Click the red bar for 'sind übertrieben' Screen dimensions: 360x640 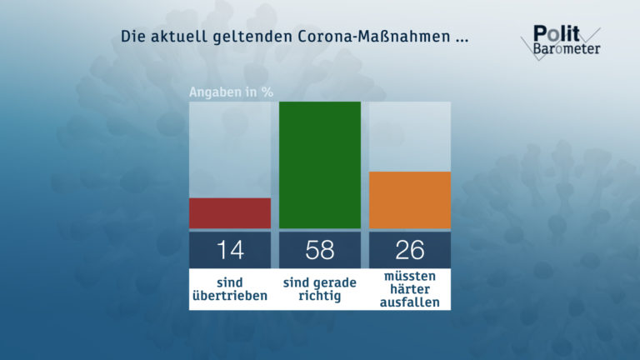coord(230,212)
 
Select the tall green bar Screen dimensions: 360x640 coord(320,165)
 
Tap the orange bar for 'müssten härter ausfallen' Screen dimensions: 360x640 coord(410,200)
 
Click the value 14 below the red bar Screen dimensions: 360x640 coord(230,249)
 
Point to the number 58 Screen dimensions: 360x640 coord(320,249)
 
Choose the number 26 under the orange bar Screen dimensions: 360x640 coord(410,249)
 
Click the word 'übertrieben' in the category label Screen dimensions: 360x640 coord(230,296)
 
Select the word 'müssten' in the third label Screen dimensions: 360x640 coord(410,276)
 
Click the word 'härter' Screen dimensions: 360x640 coord(410,288)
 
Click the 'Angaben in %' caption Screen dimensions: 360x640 coord(231,92)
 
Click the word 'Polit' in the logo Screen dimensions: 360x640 coord(553,32)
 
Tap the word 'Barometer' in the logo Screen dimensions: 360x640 coord(567,48)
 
